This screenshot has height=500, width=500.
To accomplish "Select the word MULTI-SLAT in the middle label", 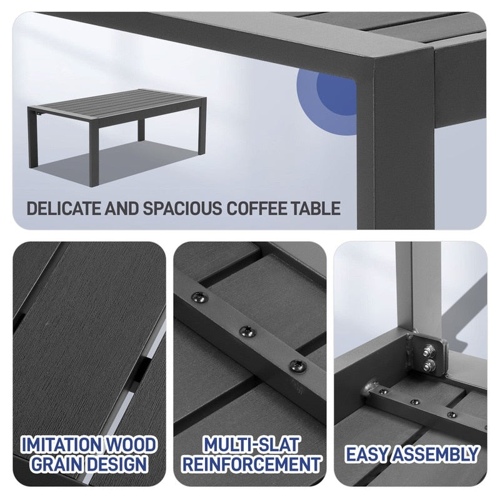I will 250,445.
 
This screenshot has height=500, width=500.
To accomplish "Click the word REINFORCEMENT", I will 250,464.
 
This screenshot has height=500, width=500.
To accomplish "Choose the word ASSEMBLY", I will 439,454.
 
